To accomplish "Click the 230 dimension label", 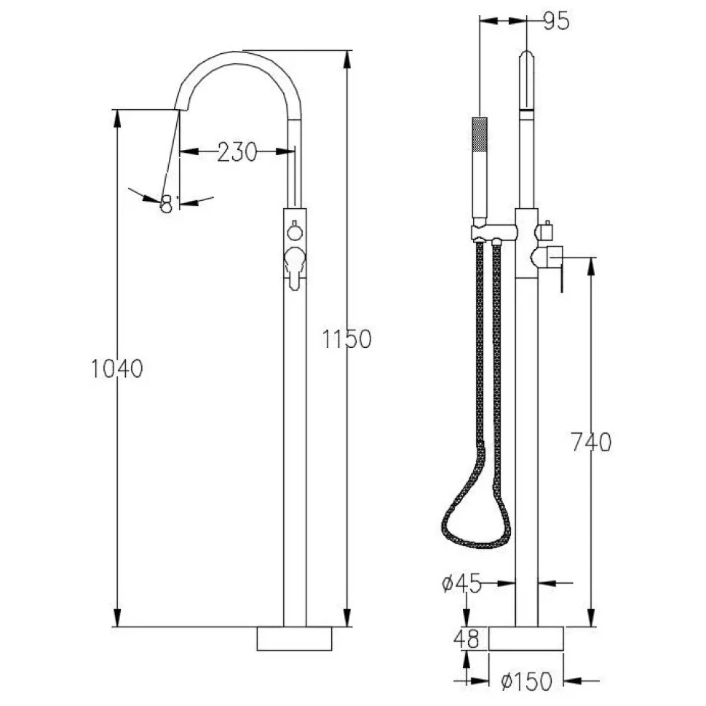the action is pyautogui.click(x=237, y=151).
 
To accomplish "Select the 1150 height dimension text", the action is pyautogui.click(x=346, y=339).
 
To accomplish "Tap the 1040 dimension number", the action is pyautogui.click(x=117, y=368).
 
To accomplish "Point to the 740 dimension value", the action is pyautogui.click(x=591, y=442).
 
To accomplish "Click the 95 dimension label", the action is pyautogui.click(x=556, y=21).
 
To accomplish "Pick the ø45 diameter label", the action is pyautogui.click(x=461, y=584).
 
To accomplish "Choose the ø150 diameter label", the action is pyautogui.click(x=526, y=681).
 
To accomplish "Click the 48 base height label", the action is pyautogui.click(x=467, y=639).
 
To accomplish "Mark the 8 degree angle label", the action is pyautogui.click(x=167, y=204).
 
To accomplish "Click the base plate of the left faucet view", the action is pyautogui.click(x=295, y=638).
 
